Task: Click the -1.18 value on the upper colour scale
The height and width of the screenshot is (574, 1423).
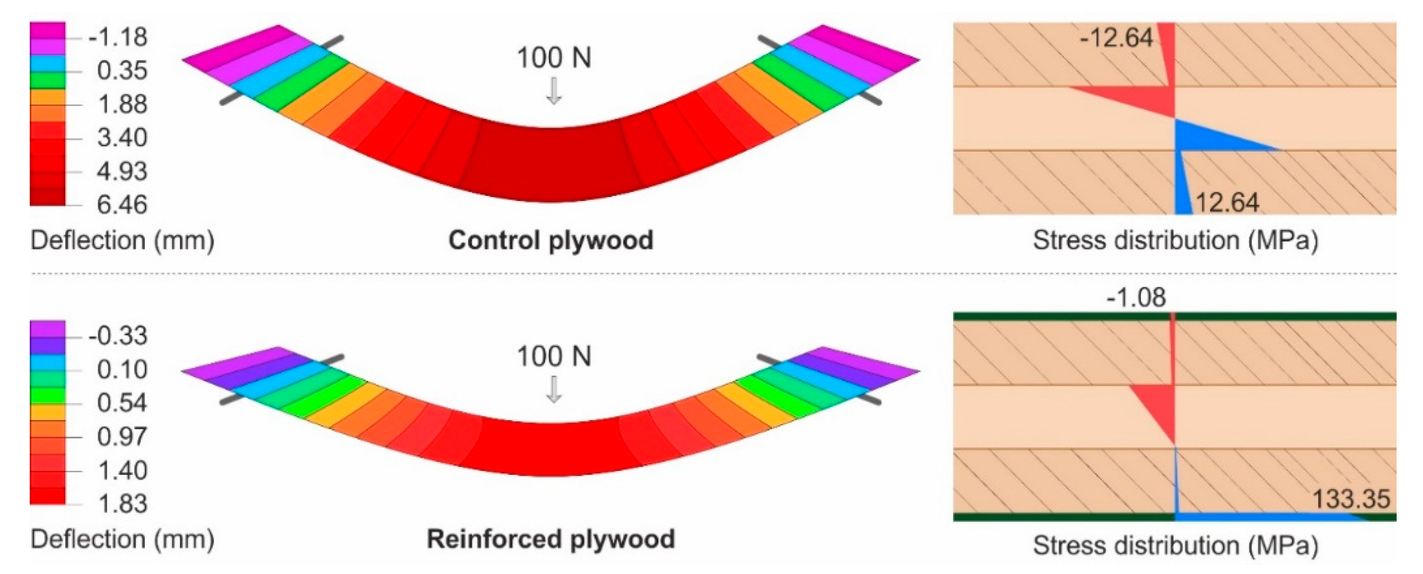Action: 117,37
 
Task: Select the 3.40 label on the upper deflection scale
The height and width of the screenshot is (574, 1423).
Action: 122,138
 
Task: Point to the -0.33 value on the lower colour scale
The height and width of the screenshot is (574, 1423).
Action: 117,336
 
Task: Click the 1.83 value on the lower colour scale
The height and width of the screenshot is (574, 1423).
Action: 122,504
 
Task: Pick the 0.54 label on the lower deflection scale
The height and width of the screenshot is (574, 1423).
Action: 122,403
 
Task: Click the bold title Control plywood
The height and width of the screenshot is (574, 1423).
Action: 551,240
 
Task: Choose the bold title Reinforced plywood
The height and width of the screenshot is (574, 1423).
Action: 551,539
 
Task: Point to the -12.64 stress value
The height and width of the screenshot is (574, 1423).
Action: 1116,38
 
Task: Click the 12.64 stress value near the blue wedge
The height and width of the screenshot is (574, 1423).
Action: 1227,203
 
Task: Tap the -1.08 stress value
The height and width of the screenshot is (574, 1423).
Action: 1136,297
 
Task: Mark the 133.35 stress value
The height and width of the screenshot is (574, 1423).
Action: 1350,499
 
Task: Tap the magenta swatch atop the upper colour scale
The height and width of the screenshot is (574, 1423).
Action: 47,30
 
